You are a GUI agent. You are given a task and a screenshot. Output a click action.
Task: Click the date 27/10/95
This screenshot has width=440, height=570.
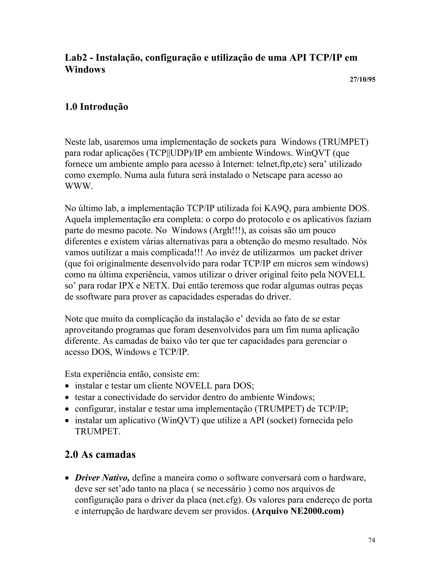pyautogui.click(x=362, y=80)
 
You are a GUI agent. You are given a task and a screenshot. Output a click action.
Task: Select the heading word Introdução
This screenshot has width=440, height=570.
pyautogui.click(x=104, y=107)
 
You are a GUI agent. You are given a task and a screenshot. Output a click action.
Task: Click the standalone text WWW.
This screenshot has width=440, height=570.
pyautogui.click(x=78, y=186)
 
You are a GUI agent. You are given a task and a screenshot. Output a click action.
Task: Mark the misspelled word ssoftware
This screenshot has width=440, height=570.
pyautogui.click(x=93, y=297)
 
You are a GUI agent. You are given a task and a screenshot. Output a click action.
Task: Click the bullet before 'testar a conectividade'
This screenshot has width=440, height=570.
pyautogui.click(x=67, y=397)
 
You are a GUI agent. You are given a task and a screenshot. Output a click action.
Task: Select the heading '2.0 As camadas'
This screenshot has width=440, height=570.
pyautogui.click(x=100, y=454)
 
